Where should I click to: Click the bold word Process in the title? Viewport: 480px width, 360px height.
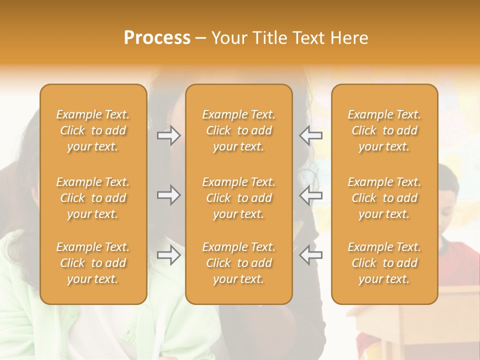[157, 38]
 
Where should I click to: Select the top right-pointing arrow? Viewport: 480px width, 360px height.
[169, 135]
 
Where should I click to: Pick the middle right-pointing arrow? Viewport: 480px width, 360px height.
[169, 195]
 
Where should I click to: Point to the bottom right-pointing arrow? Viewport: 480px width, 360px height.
[169, 255]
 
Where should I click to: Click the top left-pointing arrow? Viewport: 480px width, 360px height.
[310, 135]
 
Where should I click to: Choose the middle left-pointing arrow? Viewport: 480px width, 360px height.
[310, 195]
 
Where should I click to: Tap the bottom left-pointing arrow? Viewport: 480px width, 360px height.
[310, 255]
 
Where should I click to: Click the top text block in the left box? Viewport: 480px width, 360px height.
[93, 130]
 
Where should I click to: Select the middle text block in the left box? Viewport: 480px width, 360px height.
[93, 198]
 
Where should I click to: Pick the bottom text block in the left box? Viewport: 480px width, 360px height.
[93, 263]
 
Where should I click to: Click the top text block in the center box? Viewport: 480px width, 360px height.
[238, 130]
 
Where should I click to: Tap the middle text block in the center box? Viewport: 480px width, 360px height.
[238, 198]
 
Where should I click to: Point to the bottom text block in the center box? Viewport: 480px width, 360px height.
[238, 263]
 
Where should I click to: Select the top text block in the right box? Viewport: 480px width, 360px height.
[384, 130]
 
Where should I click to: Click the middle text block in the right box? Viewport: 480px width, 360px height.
[384, 198]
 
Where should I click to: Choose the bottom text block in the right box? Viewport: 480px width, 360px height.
[384, 263]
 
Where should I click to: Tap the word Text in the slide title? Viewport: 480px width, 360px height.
[307, 38]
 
